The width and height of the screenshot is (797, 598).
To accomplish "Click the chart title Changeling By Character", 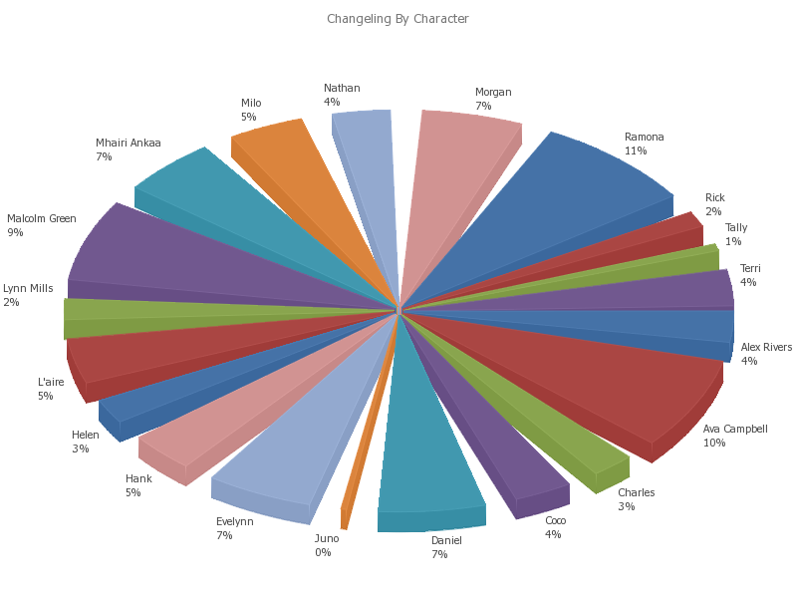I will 398,19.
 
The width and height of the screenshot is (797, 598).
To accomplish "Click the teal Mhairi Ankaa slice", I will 249,209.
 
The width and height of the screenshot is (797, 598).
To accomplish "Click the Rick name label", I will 714,197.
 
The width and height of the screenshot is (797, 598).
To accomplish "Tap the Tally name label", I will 735,227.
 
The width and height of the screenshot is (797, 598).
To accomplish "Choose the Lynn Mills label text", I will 28,288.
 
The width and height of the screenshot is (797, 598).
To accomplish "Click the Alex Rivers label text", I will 766,347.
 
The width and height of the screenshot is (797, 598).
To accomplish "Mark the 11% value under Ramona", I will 636,151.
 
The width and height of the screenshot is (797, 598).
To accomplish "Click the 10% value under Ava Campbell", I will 714,444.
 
